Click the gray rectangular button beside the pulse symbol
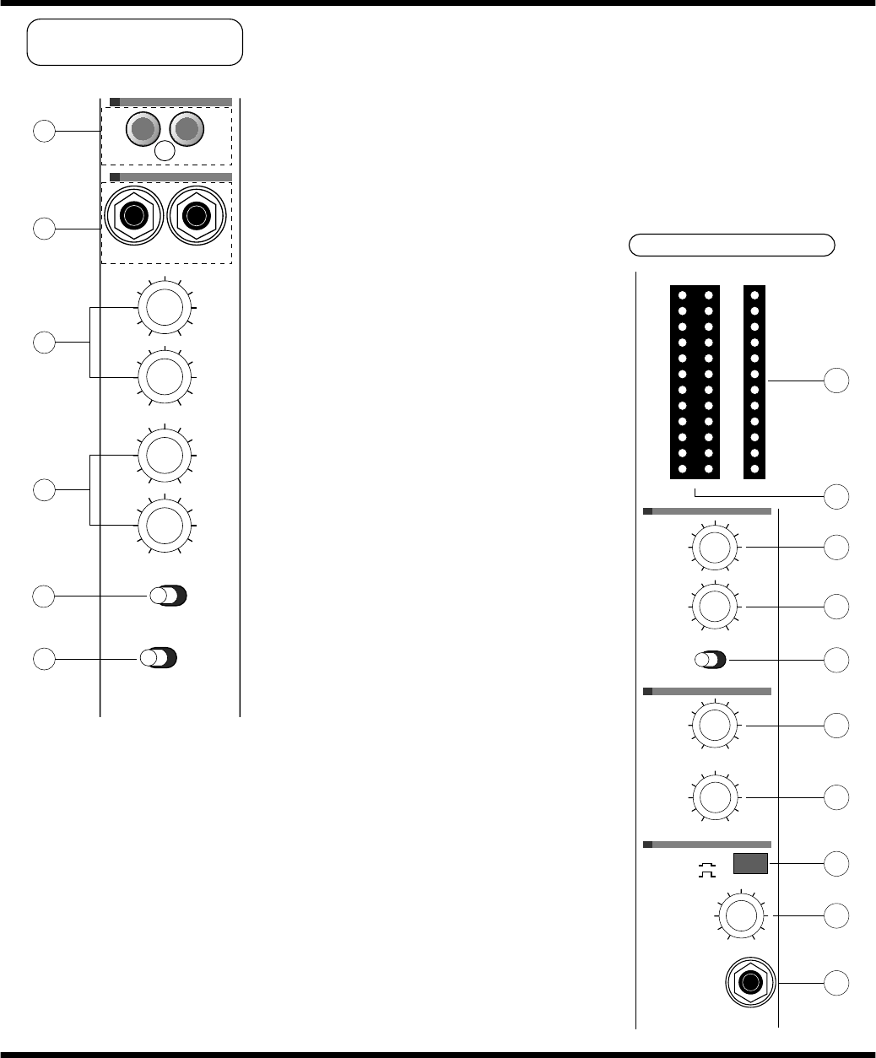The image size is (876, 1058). [x=749, y=864]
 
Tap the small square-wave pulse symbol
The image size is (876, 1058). [x=704, y=869]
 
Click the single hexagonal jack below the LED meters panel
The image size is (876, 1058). [x=750, y=983]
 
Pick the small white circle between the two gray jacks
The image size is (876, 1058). [x=166, y=151]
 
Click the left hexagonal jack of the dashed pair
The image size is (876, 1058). [x=132, y=216]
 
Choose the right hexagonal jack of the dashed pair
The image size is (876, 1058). [x=197, y=216]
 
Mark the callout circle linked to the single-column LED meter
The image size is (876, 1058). [x=835, y=381]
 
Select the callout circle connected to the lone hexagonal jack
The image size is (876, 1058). [x=835, y=982]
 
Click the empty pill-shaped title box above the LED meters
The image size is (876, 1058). [x=733, y=245]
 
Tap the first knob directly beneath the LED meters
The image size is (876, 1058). [x=714, y=547]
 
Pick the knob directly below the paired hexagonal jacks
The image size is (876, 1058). [x=165, y=307]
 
